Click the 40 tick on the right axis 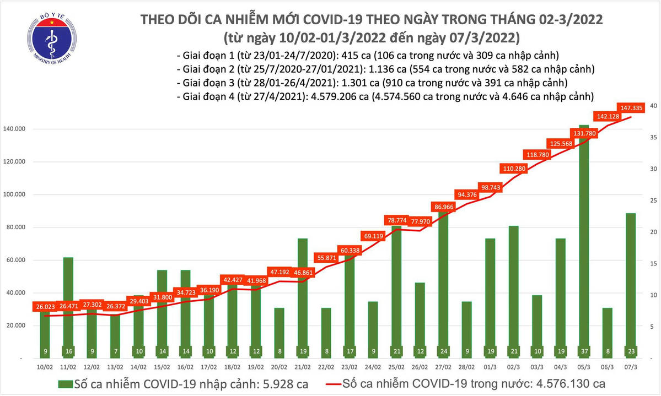[653, 106]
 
